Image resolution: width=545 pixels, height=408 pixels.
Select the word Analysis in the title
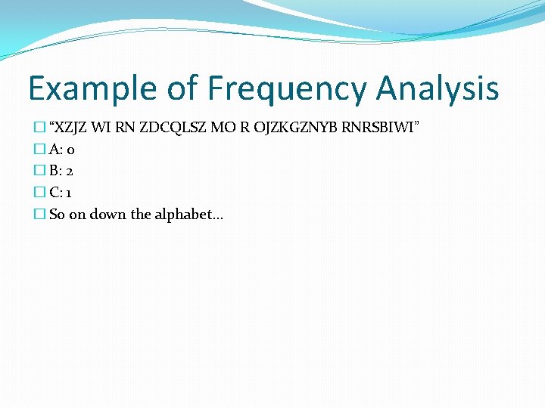[x=438, y=88]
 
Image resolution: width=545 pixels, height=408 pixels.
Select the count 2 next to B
[x=70, y=171]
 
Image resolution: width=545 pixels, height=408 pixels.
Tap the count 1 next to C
[x=69, y=193]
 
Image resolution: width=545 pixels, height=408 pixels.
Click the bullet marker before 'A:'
[x=40, y=150]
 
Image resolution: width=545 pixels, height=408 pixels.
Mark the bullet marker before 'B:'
[x=40, y=171]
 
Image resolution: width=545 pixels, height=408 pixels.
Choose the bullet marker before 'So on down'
[x=40, y=215]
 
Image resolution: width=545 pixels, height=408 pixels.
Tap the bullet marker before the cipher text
[x=40, y=127]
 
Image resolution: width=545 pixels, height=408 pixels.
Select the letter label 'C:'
[x=56, y=193]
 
